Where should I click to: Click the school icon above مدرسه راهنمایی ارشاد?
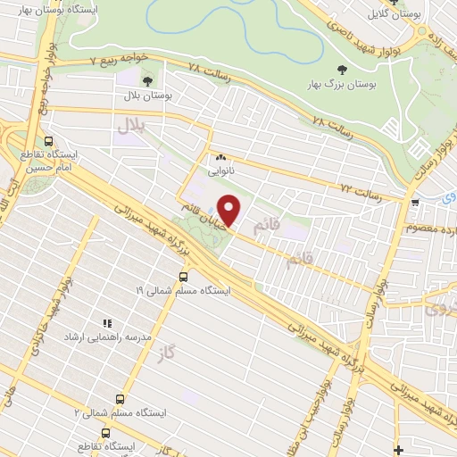[x=107, y=323]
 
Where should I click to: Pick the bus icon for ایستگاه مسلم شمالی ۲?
[x=120, y=399]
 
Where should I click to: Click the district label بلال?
[x=130, y=128]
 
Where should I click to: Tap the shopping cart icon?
[x=414, y=204]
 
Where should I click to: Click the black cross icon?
[x=397, y=448]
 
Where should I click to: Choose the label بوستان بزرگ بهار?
[x=342, y=86]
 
